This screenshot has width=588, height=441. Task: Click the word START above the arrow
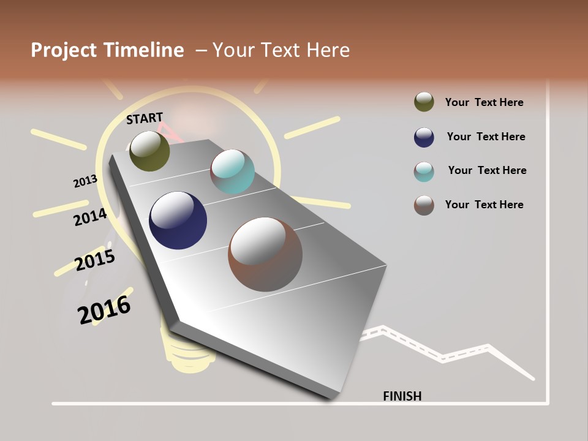pyautogui.click(x=145, y=118)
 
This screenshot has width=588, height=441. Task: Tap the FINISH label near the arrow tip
pyautogui.click(x=402, y=396)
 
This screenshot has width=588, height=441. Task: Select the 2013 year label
pyautogui.click(x=85, y=181)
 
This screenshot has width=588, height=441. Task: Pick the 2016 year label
pyautogui.click(x=104, y=310)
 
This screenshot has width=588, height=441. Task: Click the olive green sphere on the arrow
pyautogui.click(x=149, y=151)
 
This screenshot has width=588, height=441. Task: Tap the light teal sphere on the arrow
pyautogui.click(x=232, y=171)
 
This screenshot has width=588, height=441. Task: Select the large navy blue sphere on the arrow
pyautogui.click(x=178, y=221)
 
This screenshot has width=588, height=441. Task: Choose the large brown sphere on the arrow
pyautogui.click(x=265, y=254)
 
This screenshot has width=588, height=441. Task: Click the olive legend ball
pyautogui.click(x=424, y=102)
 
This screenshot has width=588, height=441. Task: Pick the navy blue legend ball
pyautogui.click(x=424, y=137)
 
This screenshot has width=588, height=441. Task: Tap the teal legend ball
pyautogui.click(x=424, y=171)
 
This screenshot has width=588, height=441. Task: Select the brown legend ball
pyautogui.click(x=424, y=205)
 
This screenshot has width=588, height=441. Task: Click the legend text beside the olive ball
pyautogui.click(x=484, y=102)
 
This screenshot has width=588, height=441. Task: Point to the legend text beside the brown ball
pyautogui.click(x=484, y=205)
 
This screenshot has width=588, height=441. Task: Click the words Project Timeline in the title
pyautogui.click(x=107, y=50)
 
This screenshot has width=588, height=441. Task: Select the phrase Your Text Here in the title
pyautogui.click(x=281, y=50)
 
